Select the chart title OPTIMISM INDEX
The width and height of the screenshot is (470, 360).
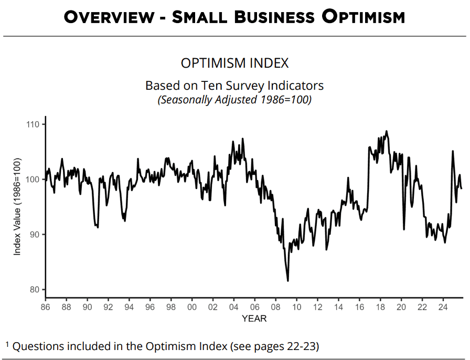click(234, 63)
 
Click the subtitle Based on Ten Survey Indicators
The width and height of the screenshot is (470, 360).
click(234, 86)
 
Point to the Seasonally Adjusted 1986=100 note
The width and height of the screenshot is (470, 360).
click(234, 100)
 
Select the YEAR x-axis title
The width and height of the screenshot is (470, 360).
click(254, 319)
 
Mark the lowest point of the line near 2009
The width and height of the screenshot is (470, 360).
click(287, 281)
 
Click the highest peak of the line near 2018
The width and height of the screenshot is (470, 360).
click(387, 131)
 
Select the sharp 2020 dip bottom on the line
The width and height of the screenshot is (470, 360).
click(404, 229)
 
